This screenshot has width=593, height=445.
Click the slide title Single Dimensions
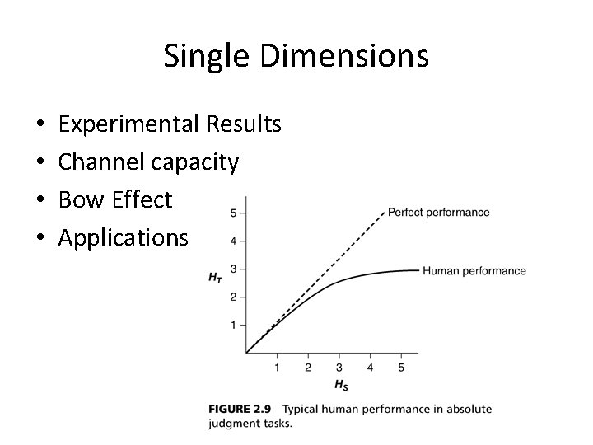pos(296,56)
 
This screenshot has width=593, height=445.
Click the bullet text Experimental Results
pos(170,124)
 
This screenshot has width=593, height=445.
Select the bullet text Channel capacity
pos(148,162)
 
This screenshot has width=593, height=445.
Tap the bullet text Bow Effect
pos(115,200)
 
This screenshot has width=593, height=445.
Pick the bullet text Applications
pos(124,238)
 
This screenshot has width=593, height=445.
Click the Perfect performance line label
pos(438,213)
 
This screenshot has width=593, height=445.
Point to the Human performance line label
pos(474,271)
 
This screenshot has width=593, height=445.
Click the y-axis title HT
pos(215,278)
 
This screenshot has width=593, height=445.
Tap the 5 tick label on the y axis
pos(233,213)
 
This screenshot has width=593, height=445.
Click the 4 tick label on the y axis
pos(233,241)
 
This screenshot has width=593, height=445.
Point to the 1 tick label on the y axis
pos(233,325)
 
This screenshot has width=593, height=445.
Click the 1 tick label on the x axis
pos(277,368)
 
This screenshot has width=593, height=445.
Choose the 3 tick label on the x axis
pos(339,368)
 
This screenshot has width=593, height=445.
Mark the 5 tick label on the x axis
pos(401,368)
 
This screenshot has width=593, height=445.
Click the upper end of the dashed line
pos(385,213)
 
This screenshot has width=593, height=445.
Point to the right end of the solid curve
pos(418,270)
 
